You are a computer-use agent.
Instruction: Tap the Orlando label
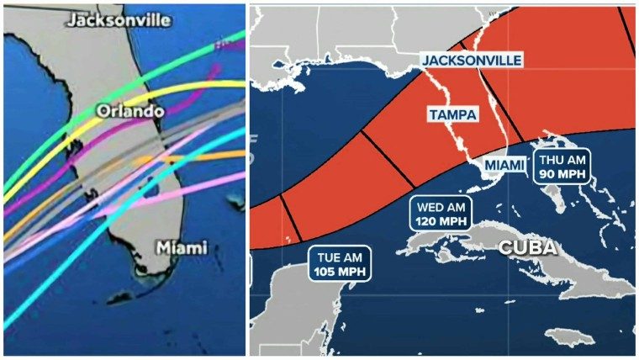pyautogui.click(x=129, y=111)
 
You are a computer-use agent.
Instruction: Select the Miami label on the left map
pyautogui.click(x=182, y=248)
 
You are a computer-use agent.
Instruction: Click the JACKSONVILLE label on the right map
pyautogui.click(x=472, y=60)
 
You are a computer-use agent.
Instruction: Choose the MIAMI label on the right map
pyautogui.click(x=504, y=165)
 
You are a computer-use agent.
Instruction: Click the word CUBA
pyautogui.click(x=527, y=247)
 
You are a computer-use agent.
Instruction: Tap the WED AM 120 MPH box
pyautogui.click(x=440, y=214)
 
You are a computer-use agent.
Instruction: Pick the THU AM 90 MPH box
pyautogui.click(x=561, y=166)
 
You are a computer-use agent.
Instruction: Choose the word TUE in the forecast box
pyautogui.click(x=326, y=257)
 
